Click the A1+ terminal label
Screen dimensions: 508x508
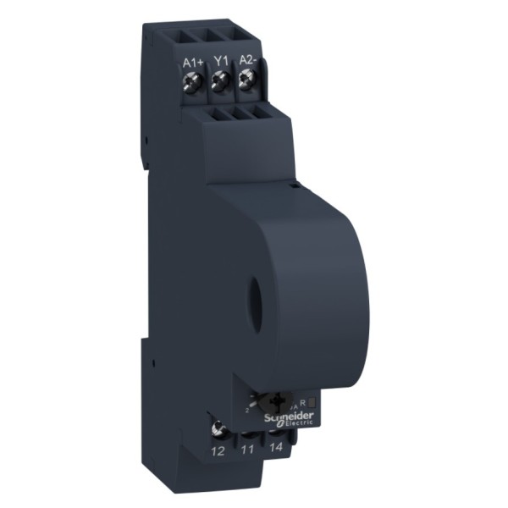point(192,62)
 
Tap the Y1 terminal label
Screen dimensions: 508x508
point(221,61)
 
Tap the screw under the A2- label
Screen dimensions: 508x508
point(247,80)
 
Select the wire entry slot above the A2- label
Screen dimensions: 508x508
point(246,34)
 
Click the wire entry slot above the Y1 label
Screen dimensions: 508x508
point(218,35)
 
